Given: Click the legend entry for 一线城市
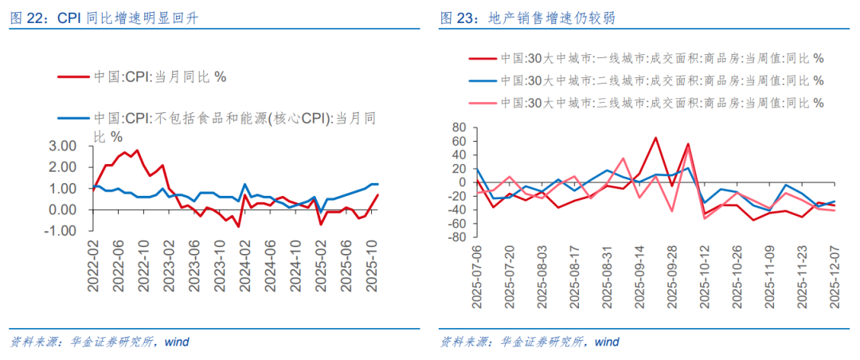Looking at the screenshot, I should [x=662, y=59].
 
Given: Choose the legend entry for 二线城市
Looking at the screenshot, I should [x=662, y=81].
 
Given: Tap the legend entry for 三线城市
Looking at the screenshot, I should [x=662, y=103].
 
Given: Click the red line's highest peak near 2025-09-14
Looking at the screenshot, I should [x=655, y=137].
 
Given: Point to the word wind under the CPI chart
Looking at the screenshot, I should [x=177, y=342].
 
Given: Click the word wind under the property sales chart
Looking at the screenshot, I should [x=607, y=342].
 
